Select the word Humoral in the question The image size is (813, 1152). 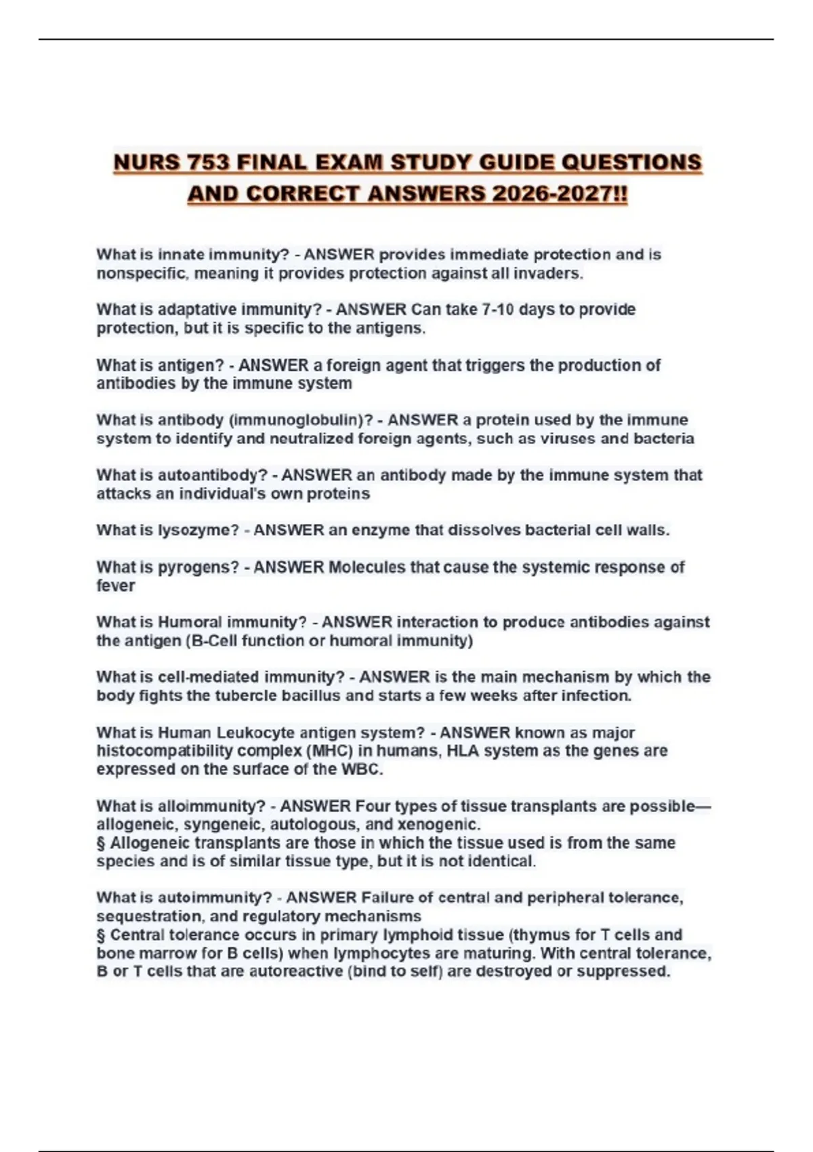tap(190, 622)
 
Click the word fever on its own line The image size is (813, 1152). tap(115, 586)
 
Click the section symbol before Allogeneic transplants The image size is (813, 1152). tap(101, 844)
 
